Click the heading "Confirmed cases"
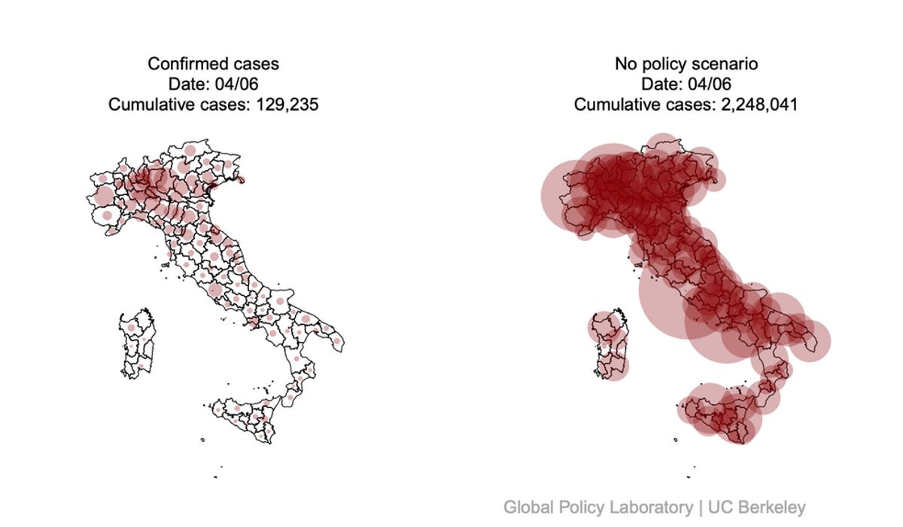(x=213, y=64)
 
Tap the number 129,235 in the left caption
(x=287, y=105)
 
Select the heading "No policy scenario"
(x=686, y=64)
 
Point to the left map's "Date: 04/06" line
(x=213, y=84)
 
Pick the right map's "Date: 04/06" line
(x=686, y=84)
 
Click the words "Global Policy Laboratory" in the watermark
(x=598, y=507)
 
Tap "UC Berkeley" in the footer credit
(x=757, y=507)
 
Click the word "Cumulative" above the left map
(x=148, y=105)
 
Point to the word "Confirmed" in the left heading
(x=183, y=64)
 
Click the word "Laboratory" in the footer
(x=652, y=507)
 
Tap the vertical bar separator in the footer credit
(x=701, y=507)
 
